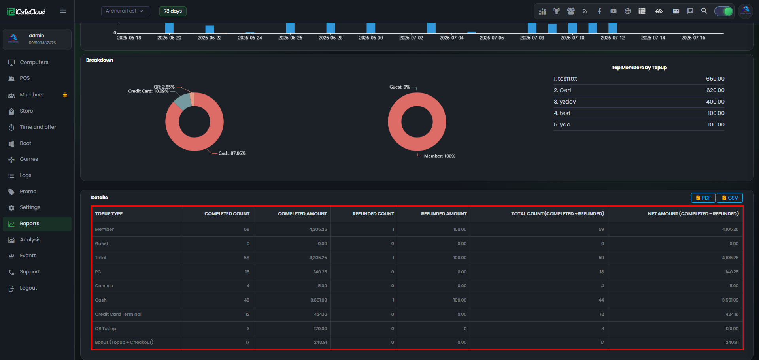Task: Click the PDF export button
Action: (703, 198)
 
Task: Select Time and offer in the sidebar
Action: (38, 127)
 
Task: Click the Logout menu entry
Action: (28, 288)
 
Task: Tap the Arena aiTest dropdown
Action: (125, 11)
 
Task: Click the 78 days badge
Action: (173, 11)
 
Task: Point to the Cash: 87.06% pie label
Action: (232, 153)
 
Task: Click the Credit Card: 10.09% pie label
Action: (148, 91)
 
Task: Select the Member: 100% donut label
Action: (440, 156)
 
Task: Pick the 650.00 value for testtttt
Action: (715, 79)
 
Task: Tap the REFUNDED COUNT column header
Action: (373, 214)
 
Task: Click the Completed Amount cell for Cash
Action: (319, 300)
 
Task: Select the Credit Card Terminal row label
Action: (118, 314)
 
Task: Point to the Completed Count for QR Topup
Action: (248, 328)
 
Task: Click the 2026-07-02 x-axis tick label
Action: (411, 38)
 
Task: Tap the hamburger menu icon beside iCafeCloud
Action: (63, 11)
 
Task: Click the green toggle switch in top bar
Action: (724, 11)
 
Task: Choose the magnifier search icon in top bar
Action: (704, 11)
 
